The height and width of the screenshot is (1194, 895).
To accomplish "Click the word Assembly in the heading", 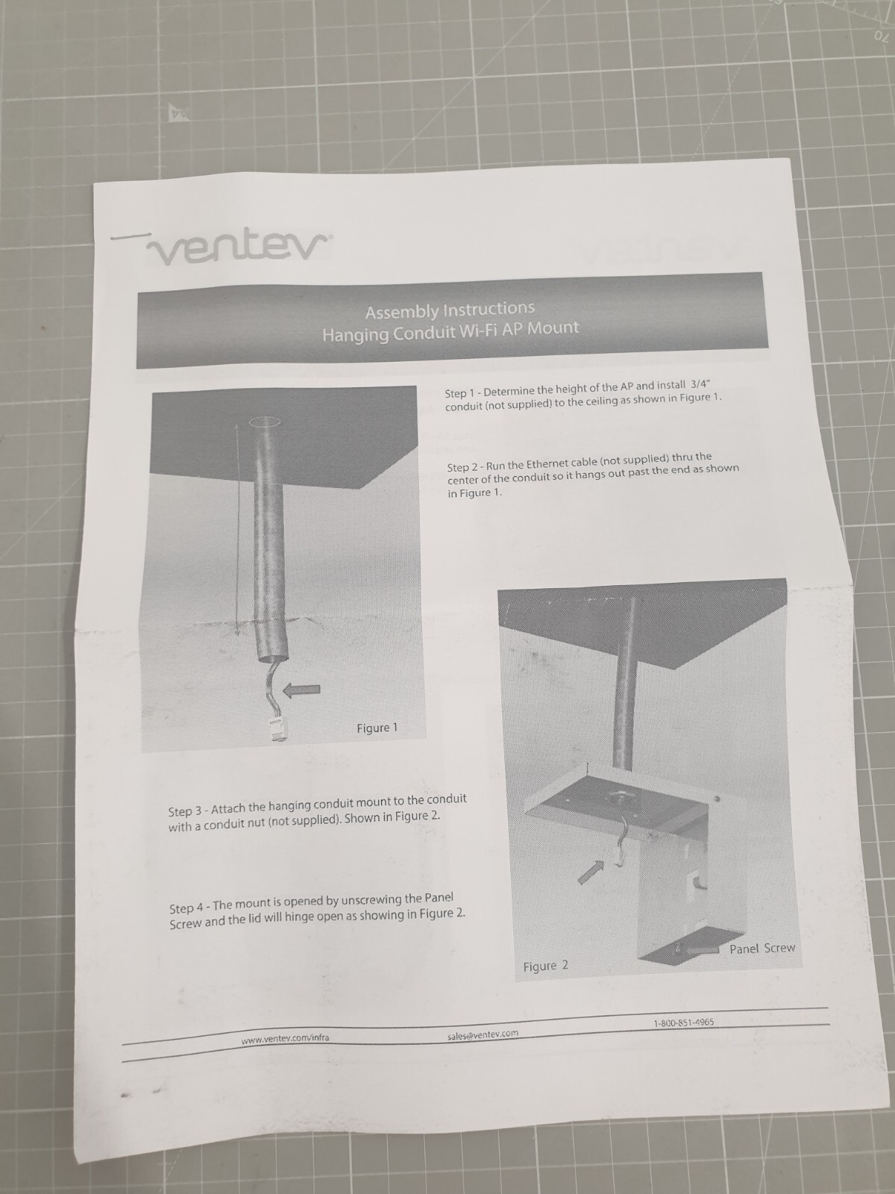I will pyautogui.click(x=396, y=311).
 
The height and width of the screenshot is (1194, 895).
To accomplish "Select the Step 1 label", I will pyautogui.click(x=461, y=393).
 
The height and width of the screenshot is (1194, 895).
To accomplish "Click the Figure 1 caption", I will pyautogui.click(x=377, y=728).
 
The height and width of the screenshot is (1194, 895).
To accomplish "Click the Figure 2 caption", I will pyautogui.click(x=545, y=966).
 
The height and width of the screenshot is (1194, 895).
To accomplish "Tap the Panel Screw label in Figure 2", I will pyautogui.click(x=761, y=948).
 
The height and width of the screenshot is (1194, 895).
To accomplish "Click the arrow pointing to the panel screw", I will pyautogui.click(x=706, y=948).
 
